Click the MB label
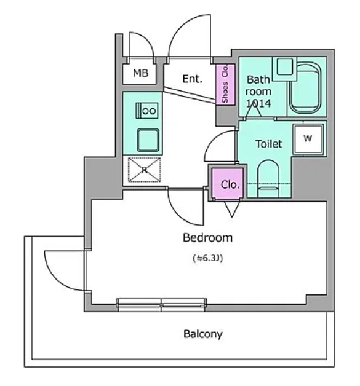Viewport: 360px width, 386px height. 141,73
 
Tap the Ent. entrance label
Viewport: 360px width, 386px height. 193,79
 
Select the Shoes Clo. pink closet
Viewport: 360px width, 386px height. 225,84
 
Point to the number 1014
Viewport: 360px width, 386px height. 259,103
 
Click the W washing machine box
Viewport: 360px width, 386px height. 308,140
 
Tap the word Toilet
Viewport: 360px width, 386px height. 268,144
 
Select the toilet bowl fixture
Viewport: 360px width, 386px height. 268,178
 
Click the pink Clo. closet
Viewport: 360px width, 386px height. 227,183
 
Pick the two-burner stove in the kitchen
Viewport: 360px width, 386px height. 147,111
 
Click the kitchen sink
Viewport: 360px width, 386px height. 148,140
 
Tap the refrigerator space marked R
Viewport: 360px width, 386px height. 144,170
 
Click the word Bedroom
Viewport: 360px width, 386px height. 208,237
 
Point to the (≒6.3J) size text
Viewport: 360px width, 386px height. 208,258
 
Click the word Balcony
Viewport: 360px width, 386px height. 203,334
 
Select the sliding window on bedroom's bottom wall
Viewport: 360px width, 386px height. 161,305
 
